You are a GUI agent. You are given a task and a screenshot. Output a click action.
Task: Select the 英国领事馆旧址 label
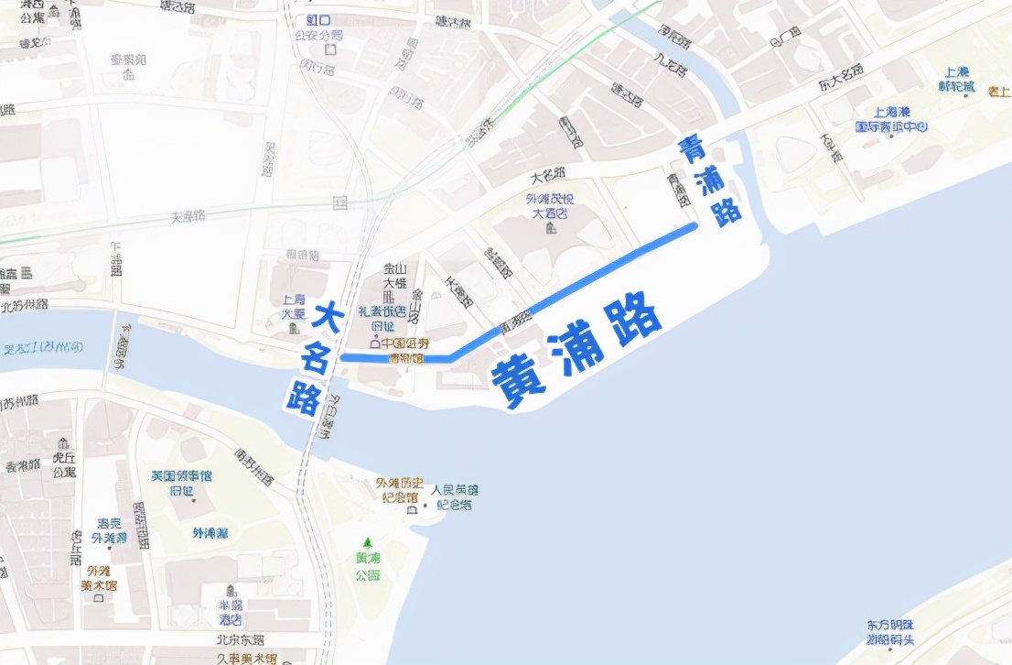click(x=181, y=483)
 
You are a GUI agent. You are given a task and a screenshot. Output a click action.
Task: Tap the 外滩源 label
click(x=210, y=533)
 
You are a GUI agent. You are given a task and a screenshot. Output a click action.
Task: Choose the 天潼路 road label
click(x=188, y=216)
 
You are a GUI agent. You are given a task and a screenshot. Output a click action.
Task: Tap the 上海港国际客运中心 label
click(x=891, y=118)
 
